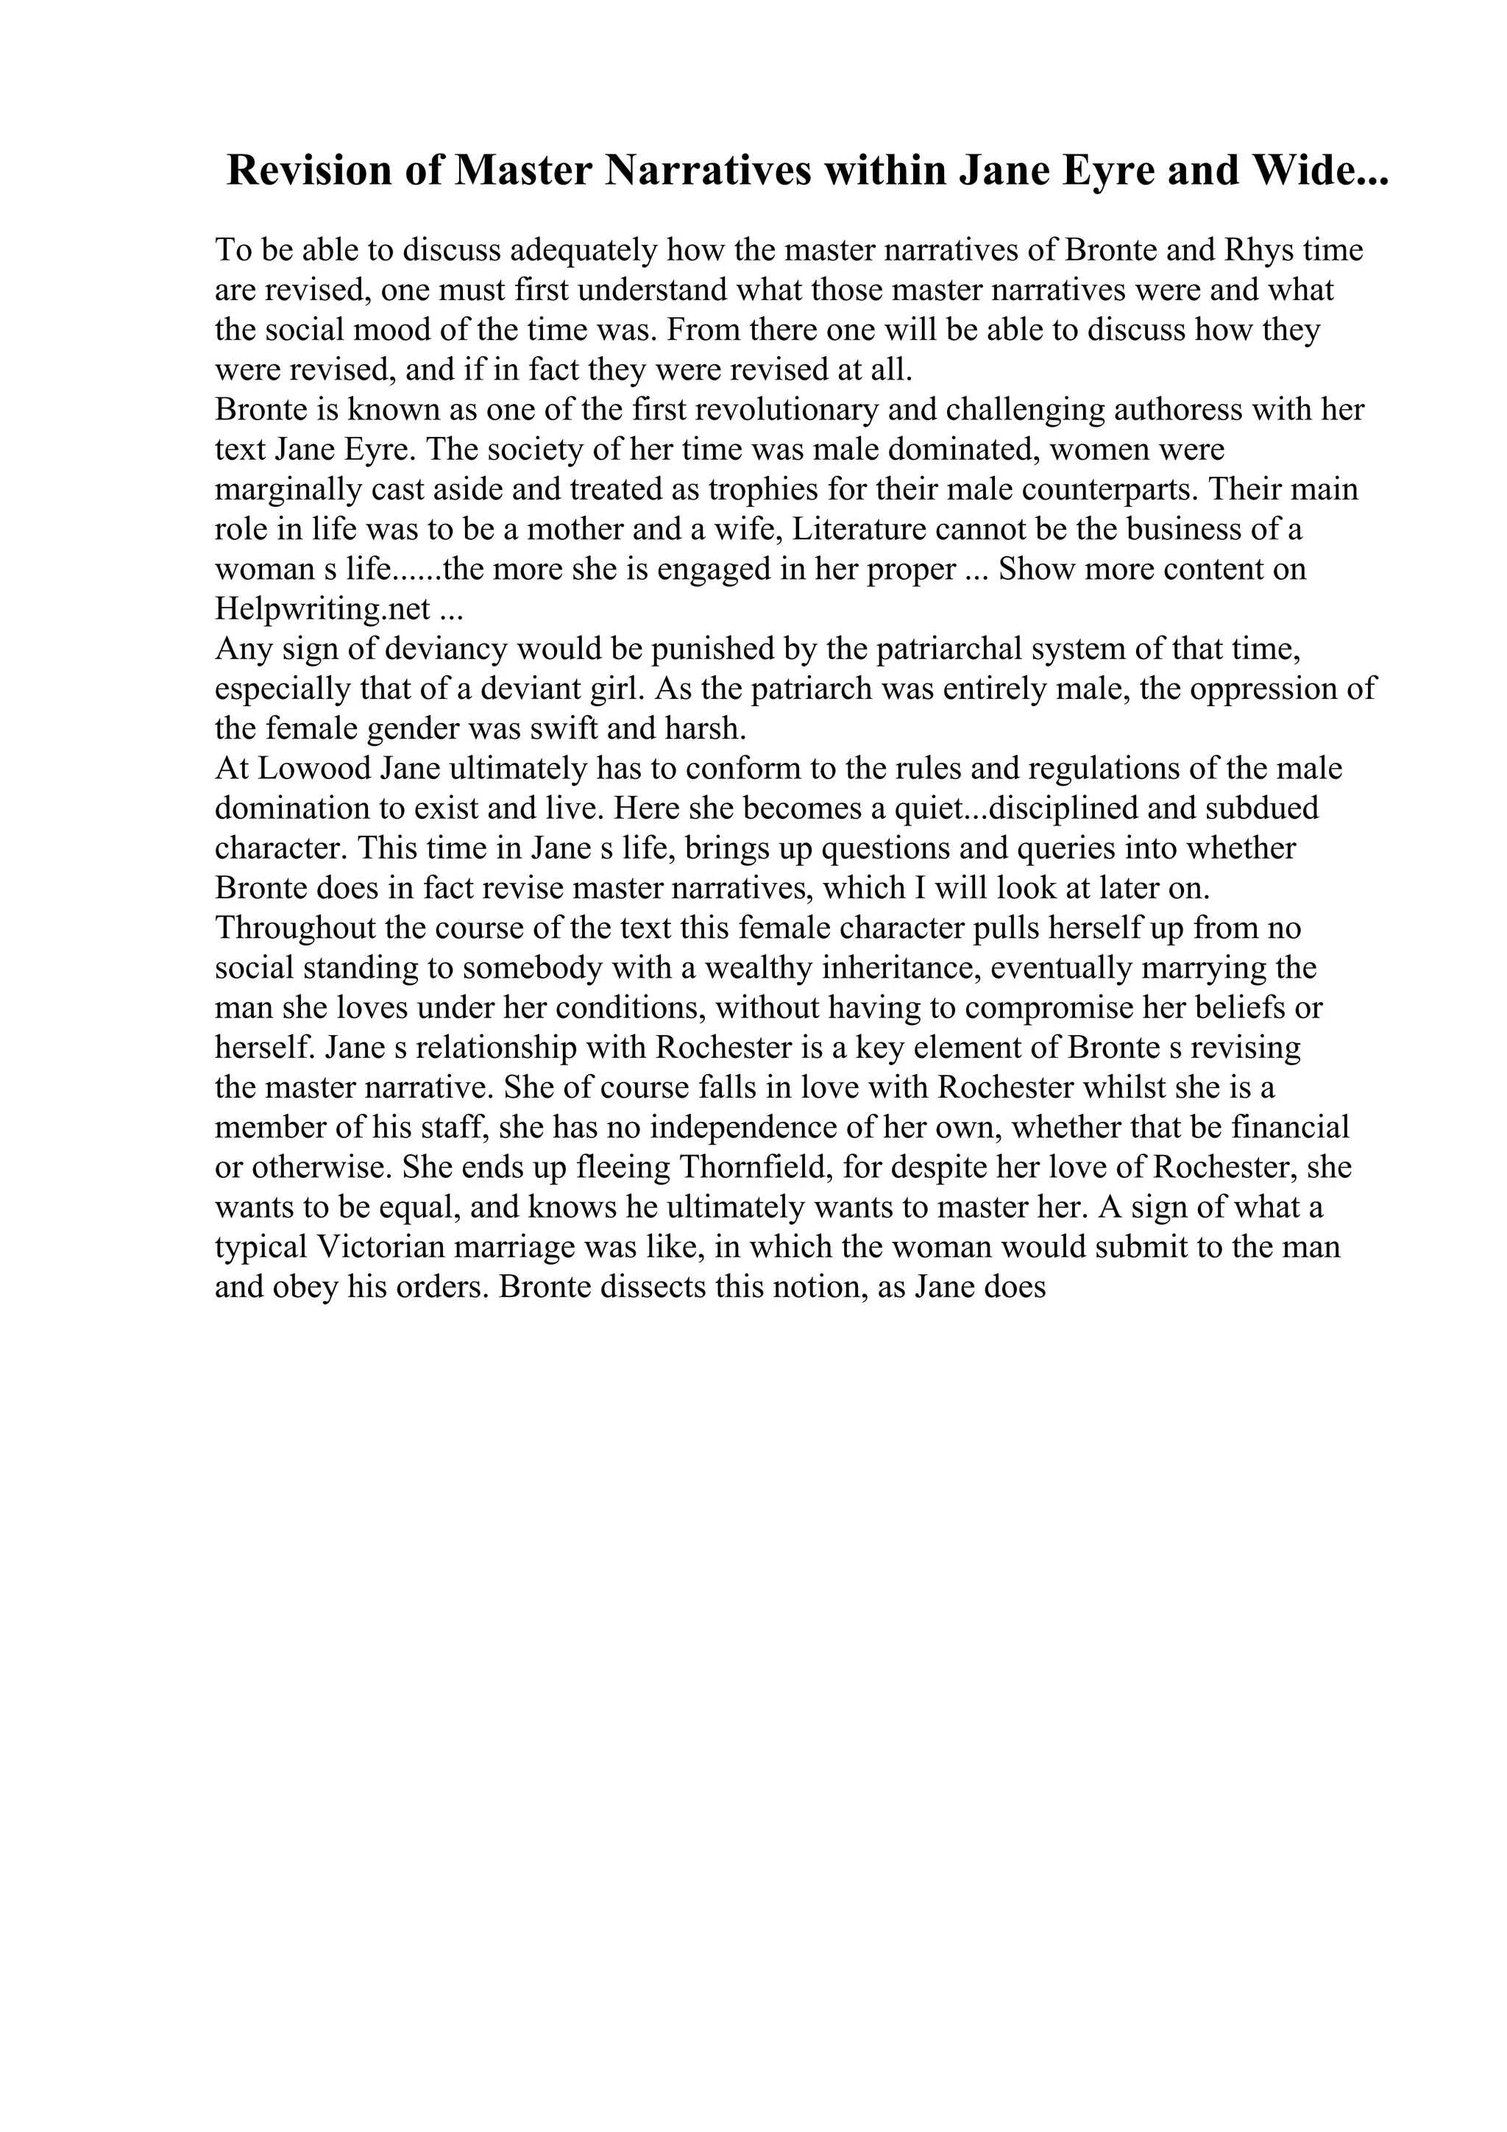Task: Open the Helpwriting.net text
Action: [x=322, y=609]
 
